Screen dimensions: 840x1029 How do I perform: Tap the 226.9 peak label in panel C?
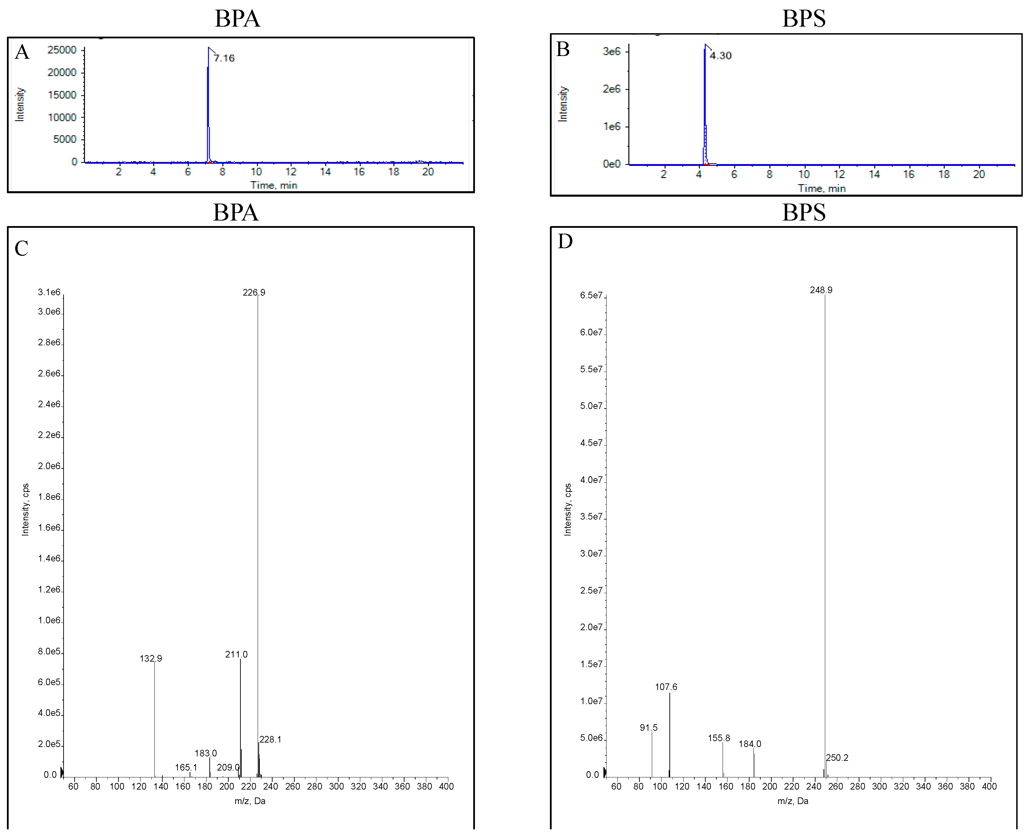254,292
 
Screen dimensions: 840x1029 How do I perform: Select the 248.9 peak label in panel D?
821,290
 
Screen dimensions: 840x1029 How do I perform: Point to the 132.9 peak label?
151,659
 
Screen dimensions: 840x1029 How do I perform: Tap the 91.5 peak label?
648,728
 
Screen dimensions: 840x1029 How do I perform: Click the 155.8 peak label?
719,738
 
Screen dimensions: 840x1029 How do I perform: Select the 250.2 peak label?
837,758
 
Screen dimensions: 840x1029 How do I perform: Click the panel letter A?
22,52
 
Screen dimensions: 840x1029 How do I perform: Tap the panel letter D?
565,241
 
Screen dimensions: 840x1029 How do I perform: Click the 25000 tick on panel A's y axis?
62,50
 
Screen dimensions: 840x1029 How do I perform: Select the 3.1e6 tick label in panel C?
49,292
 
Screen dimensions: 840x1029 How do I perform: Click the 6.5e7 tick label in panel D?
591,295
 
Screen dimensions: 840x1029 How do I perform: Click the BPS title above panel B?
804,18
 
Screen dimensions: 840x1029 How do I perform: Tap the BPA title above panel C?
236,212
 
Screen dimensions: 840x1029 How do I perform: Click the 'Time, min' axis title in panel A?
273,185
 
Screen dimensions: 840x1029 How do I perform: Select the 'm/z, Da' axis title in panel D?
792,801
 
